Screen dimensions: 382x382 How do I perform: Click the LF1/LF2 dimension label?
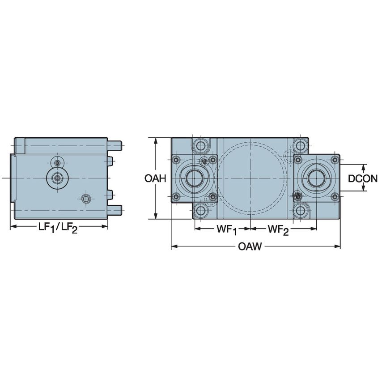[x=58, y=228]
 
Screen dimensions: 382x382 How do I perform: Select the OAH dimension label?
[x=155, y=178]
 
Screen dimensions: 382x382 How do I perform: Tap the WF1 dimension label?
[x=227, y=229]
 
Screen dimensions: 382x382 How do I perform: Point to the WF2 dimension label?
[x=278, y=229]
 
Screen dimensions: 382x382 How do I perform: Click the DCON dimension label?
[x=363, y=178]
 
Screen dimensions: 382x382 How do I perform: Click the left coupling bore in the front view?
[x=195, y=178]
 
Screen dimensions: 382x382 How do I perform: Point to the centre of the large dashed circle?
[x=250, y=178]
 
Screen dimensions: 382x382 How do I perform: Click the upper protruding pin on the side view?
[x=115, y=145]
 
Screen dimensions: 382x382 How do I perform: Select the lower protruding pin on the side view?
[x=115, y=208]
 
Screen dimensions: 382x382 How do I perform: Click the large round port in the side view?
[x=56, y=178]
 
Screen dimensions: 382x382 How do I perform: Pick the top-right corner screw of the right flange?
[x=334, y=160]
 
